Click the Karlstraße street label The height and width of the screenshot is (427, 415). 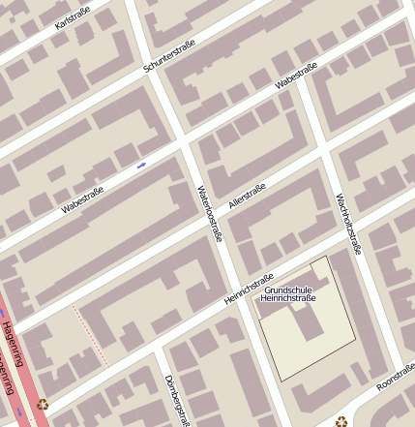[74, 17]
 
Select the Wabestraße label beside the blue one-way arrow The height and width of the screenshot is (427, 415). [82, 199]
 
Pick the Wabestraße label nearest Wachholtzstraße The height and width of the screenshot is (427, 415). [296, 76]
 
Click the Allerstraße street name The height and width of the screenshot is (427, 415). [247, 197]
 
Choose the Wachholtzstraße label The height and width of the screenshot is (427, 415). [347, 224]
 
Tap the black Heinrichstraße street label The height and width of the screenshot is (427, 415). [250, 289]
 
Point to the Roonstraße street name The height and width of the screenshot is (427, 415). [396, 376]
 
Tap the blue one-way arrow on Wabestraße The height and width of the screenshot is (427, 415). [141, 165]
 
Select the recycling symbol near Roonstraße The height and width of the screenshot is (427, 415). [341, 421]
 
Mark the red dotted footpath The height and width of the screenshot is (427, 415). [90, 336]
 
